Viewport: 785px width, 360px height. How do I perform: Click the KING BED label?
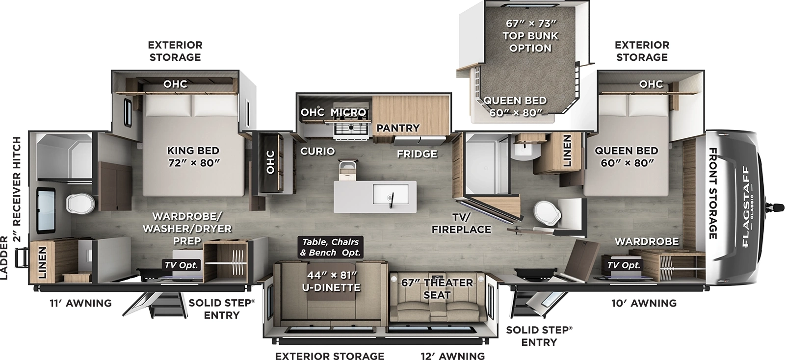click(193, 156)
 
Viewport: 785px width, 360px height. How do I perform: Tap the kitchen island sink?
click(391, 195)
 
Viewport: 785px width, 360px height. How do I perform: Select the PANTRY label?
click(398, 128)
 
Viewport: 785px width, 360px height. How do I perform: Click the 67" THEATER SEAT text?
click(436, 288)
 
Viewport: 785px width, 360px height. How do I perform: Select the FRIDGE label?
click(417, 154)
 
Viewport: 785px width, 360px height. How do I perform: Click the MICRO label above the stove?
click(348, 112)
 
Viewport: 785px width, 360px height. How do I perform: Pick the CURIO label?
click(317, 151)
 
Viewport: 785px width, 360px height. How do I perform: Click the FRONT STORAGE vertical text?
click(713, 193)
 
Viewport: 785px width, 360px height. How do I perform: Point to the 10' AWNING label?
click(644, 303)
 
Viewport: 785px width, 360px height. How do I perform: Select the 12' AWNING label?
click(452, 356)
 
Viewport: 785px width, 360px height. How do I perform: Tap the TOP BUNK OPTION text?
click(530, 42)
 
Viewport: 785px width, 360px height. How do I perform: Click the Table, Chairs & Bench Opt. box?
click(330, 247)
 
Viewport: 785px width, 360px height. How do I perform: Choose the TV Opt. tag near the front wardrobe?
click(624, 265)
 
